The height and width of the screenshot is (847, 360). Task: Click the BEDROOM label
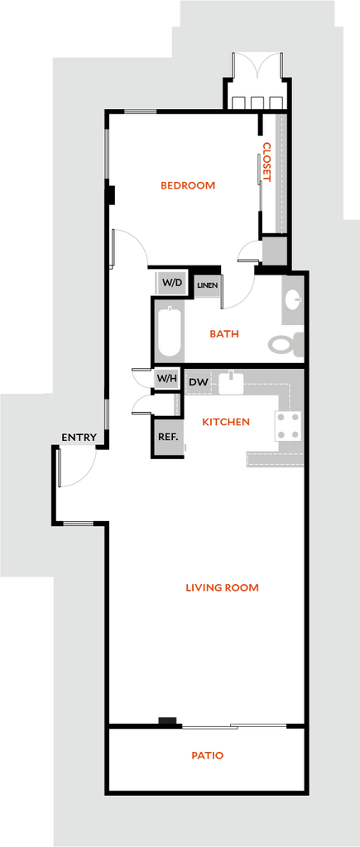tap(188, 185)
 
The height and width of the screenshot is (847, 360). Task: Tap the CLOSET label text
tap(266, 161)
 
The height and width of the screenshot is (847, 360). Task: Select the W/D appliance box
tap(172, 283)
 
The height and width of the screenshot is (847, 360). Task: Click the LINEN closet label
tap(207, 285)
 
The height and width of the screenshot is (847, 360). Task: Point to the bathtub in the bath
tap(169, 332)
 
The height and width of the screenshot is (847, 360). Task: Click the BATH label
tap(224, 334)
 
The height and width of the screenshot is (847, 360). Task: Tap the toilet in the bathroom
tap(286, 343)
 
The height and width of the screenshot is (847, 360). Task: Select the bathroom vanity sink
tap(294, 299)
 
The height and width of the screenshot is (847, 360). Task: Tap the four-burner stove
tap(288, 426)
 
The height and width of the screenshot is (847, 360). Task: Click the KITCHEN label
tap(226, 422)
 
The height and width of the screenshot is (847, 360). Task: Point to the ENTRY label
tap(79, 438)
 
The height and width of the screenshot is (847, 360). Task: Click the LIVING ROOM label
tap(222, 588)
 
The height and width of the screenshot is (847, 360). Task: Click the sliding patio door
tap(234, 726)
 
